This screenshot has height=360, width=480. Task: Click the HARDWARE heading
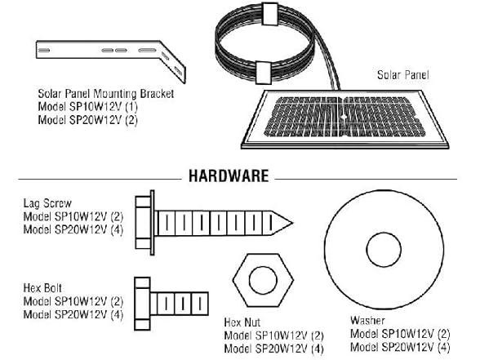pyautogui.click(x=229, y=176)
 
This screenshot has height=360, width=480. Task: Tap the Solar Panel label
pyautogui.click(x=403, y=75)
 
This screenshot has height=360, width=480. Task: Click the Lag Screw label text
pyautogui.click(x=47, y=203)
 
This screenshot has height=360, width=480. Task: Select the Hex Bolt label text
pyautogui.click(x=42, y=288)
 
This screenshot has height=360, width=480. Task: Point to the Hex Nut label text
pyautogui.click(x=242, y=322)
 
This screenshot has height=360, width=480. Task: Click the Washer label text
pyautogui.click(x=367, y=321)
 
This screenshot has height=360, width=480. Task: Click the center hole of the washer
pyautogui.click(x=384, y=250)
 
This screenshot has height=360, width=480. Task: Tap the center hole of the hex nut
pyautogui.click(x=263, y=281)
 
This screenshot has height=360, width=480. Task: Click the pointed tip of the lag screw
pyautogui.click(x=292, y=223)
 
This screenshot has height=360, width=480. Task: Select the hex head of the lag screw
pyautogui.click(x=143, y=223)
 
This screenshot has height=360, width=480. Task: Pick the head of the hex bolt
pyautogui.click(x=142, y=304)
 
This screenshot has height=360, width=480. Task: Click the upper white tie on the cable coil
pyautogui.click(x=269, y=14)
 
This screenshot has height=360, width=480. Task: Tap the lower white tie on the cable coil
pyautogui.click(x=263, y=73)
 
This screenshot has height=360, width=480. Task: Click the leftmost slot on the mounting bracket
pyautogui.click(x=44, y=51)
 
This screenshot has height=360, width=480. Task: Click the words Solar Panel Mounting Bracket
pyautogui.click(x=106, y=94)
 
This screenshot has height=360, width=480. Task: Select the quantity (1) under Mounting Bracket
pyautogui.click(x=131, y=106)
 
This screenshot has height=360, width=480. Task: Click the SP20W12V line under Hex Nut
pyautogui.click(x=273, y=349)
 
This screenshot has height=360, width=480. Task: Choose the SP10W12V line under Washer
pyautogui.click(x=400, y=334)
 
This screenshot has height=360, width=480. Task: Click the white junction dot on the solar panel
pyautogui.click(x=344, y=117)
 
